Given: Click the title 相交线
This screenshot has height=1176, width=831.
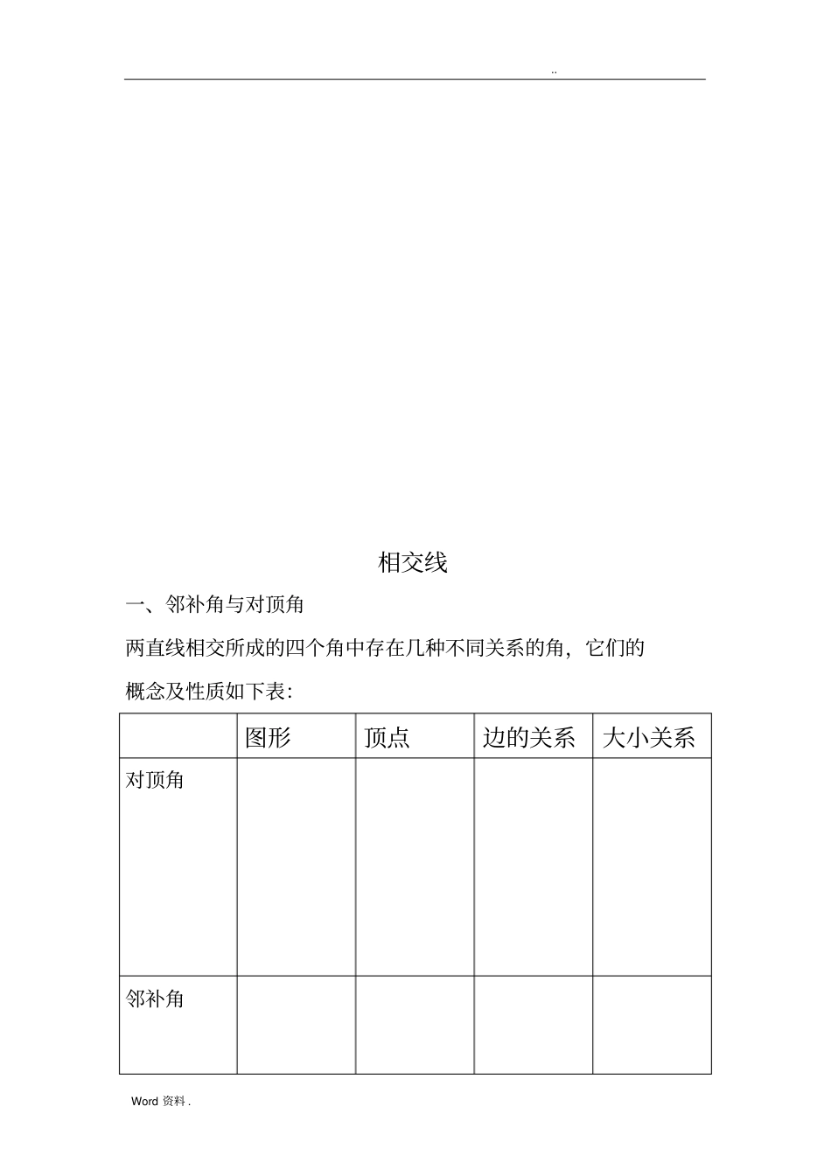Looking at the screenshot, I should point(412,562).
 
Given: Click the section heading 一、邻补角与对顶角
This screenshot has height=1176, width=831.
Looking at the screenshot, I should point(214,604).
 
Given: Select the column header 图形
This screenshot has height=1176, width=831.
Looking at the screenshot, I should point(268,738).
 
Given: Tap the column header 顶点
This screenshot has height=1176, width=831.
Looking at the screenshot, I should point(387,738).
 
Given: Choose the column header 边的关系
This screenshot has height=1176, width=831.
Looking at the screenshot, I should point(528,738).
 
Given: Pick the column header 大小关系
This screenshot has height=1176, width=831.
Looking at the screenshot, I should point(648,738).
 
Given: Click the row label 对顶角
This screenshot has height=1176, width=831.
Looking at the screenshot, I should point(155,779).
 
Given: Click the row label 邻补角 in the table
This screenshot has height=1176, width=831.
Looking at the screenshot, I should point(155,999).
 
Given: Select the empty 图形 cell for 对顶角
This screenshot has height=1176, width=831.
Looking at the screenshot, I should point(296,866).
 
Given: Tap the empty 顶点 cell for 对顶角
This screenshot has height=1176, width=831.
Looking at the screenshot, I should point(415,866).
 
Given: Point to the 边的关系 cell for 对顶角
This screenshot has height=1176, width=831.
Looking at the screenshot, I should point(534,866).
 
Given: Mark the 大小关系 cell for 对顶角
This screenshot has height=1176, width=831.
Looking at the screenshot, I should point(652,866).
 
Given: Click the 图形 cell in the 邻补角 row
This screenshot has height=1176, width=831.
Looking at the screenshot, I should point(296,1025).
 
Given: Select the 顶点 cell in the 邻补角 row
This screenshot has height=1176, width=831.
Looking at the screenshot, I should point(415,1025).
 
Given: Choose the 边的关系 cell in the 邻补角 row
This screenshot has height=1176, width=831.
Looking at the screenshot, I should point(534,1025).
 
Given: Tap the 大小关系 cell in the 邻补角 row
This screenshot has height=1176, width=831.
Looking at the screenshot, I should point(652,1025).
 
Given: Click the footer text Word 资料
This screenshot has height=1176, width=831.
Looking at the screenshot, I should point(160,1102).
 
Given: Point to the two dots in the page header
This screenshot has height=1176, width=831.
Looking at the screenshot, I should point(555,72).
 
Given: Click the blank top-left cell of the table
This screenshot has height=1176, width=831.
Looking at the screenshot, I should point(178,736).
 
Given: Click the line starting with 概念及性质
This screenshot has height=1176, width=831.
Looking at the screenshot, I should point(209,692).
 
